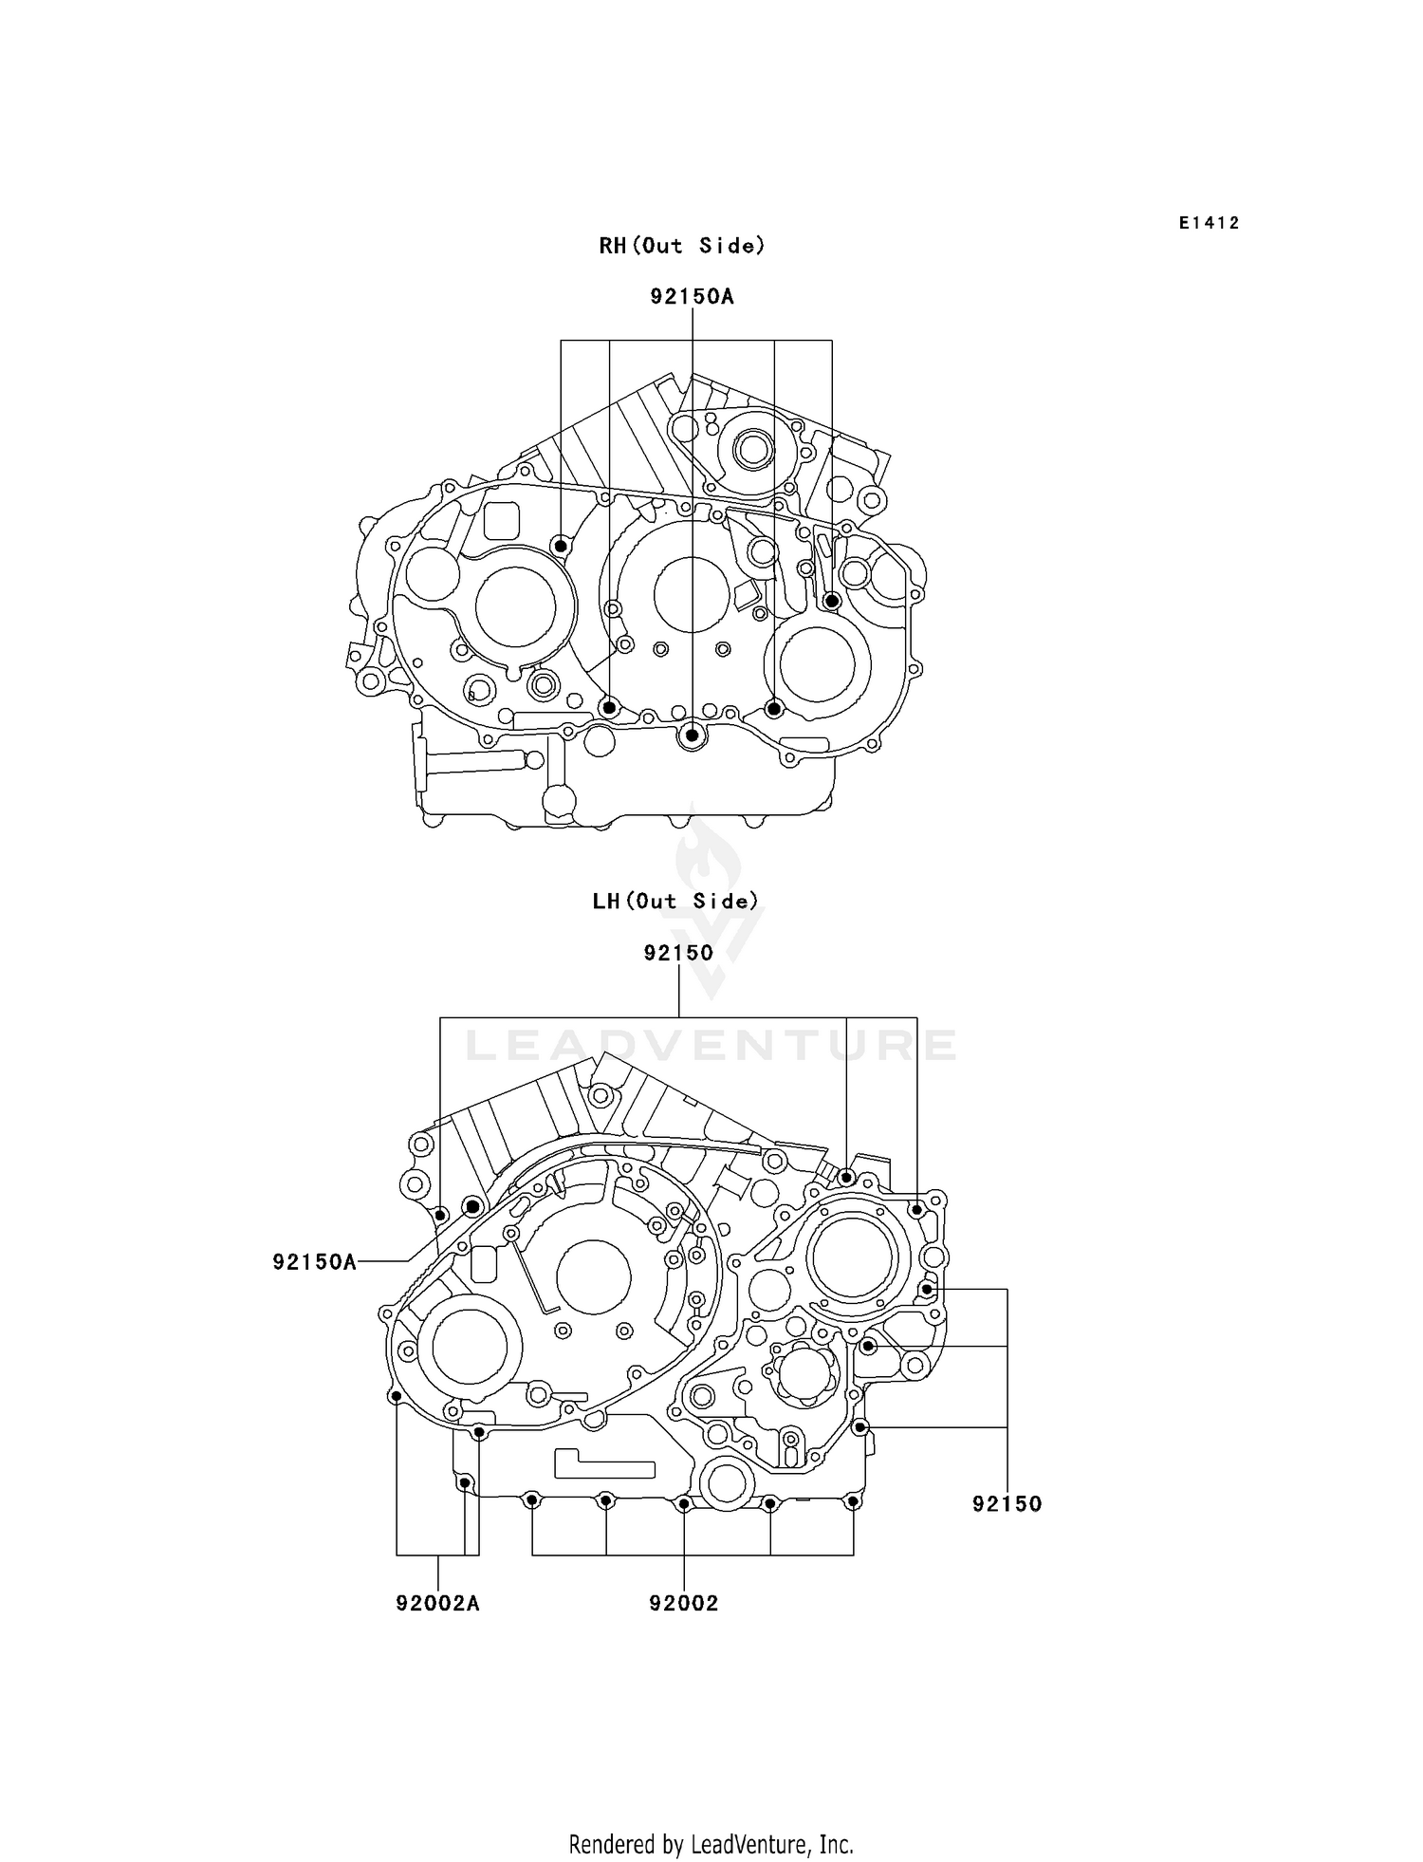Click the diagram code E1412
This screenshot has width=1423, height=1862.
click(1209, 223)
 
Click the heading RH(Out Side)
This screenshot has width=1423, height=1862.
click(681, 246)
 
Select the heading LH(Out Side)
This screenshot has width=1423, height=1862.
click(675, 901)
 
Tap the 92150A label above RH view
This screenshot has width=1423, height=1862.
click(692, 296)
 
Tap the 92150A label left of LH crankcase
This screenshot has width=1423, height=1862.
click(314, 1261)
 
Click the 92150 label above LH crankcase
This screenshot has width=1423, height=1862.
click(678, 952)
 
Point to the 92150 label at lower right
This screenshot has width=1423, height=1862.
click(1007, 1503)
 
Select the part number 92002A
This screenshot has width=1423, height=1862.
click(437, 1603)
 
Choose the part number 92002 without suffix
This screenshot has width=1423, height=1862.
click(683, 1603)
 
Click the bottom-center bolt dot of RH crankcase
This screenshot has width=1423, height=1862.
click(693, 735)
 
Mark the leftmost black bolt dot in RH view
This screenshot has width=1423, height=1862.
click(561, 546)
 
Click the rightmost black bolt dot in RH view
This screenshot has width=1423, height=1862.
click(831, 601)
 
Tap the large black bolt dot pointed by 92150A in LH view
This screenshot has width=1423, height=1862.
click(472, 1207)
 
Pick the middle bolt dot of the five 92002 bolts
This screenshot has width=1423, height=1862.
click(683, 1503)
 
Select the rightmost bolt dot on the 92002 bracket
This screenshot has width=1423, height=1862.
click(852, 1501)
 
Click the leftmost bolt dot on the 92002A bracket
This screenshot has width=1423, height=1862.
click(397, 1395)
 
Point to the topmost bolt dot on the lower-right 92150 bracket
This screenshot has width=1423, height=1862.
click(927, 1289)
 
